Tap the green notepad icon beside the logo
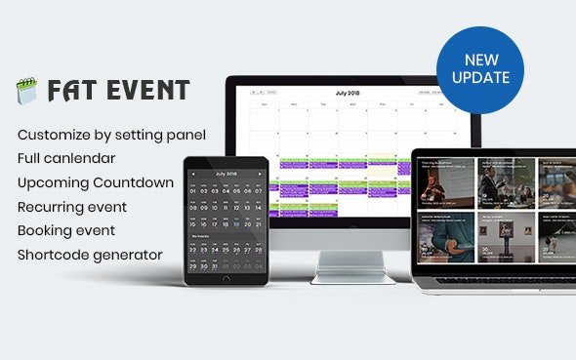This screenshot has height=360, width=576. pyautogui.click(x=25, y=92)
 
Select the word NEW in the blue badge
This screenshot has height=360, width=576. pyautogui.click(x=480, y=60)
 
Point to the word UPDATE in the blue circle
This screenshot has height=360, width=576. pyautogui.click(x=480, y=77)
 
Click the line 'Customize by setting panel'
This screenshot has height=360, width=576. pyautogui.click(x=111, y=134)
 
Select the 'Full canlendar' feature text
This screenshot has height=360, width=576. pyautogui.click(x=66, y=157)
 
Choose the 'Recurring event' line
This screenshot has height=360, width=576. pyautogui.click(x=72, y=207)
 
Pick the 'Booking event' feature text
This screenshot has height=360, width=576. pyautogui.click(x=66, y=231)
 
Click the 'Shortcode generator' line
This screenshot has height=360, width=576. pyautogui.click(x=90, y=256)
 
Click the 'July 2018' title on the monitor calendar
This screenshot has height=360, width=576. pyautogui.click(x=347, y=93)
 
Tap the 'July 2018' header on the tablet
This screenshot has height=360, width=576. pyautogui.click(x=226, y=173)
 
